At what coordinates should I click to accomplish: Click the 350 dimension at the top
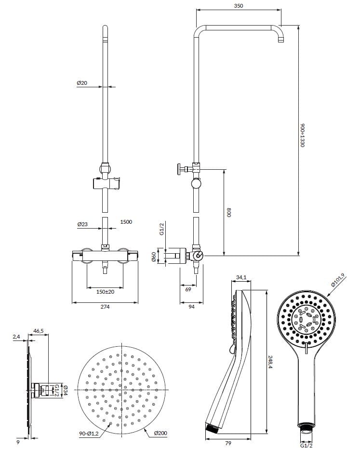coord(239,6)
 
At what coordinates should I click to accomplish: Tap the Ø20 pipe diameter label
coord(82,83)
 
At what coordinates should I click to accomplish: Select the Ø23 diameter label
coord(82,224)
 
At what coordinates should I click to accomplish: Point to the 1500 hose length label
coord(126,222)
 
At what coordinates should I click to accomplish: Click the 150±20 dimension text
coord(105,292)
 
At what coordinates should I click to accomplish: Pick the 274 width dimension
coord(105,307)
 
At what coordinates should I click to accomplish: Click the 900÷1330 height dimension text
coord(303,136)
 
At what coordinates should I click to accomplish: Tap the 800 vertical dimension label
coord(229,212)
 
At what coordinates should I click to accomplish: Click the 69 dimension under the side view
coord(188,290)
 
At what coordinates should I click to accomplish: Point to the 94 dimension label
coord(191,307)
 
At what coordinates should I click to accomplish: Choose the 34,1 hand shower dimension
coord(241,277)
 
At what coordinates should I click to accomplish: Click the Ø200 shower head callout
coord(160,434)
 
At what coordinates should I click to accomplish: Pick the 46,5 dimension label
coord(39,331)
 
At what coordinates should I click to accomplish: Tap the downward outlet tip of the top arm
coord(281,42)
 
